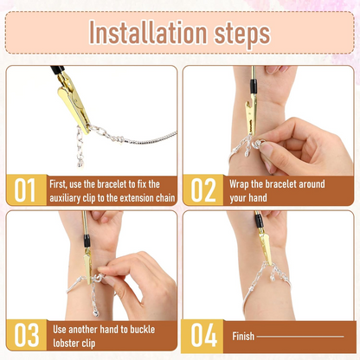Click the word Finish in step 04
(243, 336)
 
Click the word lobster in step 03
(70, 344)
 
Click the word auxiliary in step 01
(69, 198)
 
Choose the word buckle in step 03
(158, 329)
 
